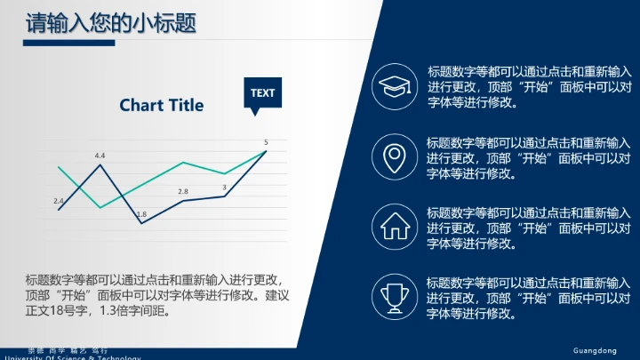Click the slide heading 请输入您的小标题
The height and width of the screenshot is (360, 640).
tap(110, 22)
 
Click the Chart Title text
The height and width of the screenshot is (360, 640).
tap(162, 105)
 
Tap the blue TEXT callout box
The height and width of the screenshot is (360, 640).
tap(262, 92)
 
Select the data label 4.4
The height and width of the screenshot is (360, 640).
tap(100, 156)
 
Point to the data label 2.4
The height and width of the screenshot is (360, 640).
tap(59, 201)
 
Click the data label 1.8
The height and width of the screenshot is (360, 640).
tap(141, 214)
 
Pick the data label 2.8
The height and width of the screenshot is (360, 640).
tap(183, 192)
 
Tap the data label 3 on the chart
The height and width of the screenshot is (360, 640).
tap(224, 187)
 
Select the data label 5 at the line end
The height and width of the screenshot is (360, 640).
tap(266, 142)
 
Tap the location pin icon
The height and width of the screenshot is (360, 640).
tap(392, 156)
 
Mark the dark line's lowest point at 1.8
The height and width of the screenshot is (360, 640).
tap(141, 223)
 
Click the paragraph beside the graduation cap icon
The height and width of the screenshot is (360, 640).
tap(529, 86)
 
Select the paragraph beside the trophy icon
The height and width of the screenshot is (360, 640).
tap(529, 297)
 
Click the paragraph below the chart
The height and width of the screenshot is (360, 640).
tap(158, 295)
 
